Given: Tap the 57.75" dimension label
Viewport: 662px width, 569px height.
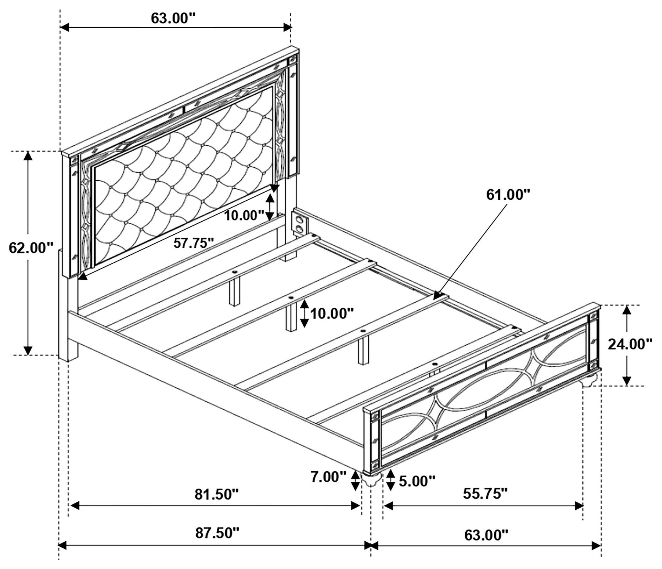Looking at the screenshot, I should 194,243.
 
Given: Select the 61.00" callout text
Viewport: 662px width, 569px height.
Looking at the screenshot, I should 508,195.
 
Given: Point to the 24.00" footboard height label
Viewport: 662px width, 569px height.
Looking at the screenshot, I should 630,344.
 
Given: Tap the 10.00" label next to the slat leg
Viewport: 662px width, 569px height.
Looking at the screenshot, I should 333,313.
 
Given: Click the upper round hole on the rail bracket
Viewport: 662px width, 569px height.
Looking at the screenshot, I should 299,219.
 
